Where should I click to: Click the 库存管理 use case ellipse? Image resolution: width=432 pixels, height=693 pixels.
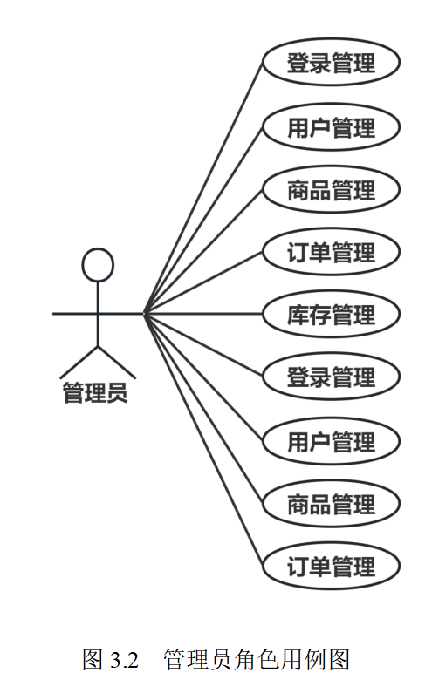coord(332,314)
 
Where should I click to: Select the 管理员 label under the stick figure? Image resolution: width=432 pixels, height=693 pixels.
coord(95,392)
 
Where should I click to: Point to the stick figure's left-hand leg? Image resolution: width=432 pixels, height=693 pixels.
coord(79,363)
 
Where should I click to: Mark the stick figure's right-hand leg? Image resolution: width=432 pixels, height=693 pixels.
coord(117,363)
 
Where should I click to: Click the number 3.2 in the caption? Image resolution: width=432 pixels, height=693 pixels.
coord(125,660)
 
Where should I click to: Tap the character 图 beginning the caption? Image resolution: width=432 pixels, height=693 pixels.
coord(93,659)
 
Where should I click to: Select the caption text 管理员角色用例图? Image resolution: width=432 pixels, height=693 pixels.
coord(257,659)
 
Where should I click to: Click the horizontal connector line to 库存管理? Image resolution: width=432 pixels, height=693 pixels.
coord(203,314)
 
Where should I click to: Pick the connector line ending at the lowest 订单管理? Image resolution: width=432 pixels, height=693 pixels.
coord(203,440)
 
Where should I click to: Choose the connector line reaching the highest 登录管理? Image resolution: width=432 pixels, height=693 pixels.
coord(203,188)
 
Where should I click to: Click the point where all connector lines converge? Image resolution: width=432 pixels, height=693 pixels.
coord(145,314)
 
